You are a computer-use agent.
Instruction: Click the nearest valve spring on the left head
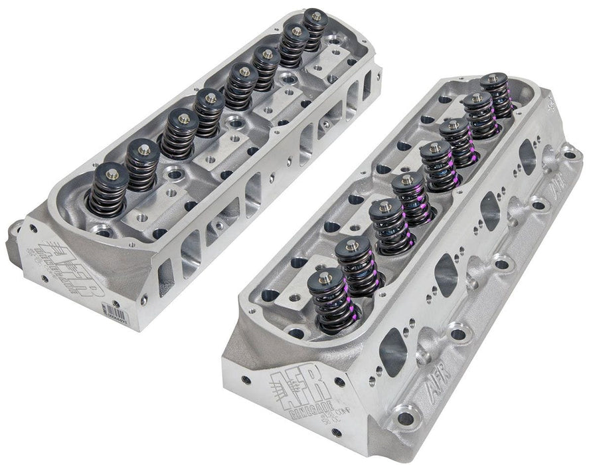click(x=108, y=190)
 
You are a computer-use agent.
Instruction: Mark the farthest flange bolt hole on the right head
click(x=570, y=155)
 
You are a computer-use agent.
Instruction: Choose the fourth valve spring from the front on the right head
click(x=408, y=199)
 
